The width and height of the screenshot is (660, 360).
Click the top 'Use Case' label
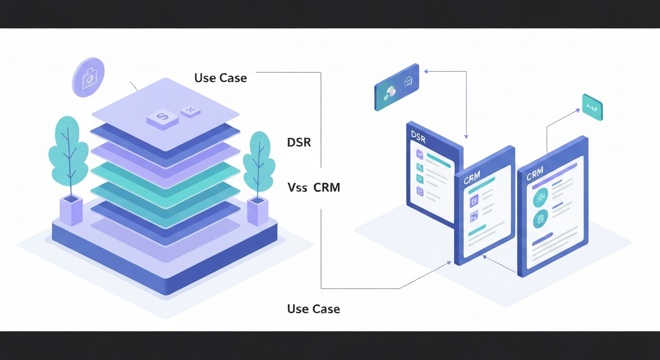point(220,78)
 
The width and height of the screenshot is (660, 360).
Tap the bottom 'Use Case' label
point(313,309)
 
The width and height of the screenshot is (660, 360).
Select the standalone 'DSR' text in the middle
point(299,142)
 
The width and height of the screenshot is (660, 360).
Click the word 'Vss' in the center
point(297,188)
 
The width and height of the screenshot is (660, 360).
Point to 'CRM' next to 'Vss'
point(327,188)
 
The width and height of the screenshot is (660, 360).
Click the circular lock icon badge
point(88,77)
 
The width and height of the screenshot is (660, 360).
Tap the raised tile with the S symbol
point(162,117)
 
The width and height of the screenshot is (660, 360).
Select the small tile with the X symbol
point(190,111)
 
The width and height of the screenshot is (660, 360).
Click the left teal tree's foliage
point(68,150)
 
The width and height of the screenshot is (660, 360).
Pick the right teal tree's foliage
point(259,159)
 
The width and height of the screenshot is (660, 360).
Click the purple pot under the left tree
point(71,210)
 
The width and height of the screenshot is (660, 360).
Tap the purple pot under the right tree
point(258,211)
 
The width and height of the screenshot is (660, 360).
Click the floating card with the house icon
point(397,87)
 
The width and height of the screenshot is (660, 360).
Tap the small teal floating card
point(592,107)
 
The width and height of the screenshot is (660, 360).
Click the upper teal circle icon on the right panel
point(541,198)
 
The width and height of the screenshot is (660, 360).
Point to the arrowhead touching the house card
point(426,72)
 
